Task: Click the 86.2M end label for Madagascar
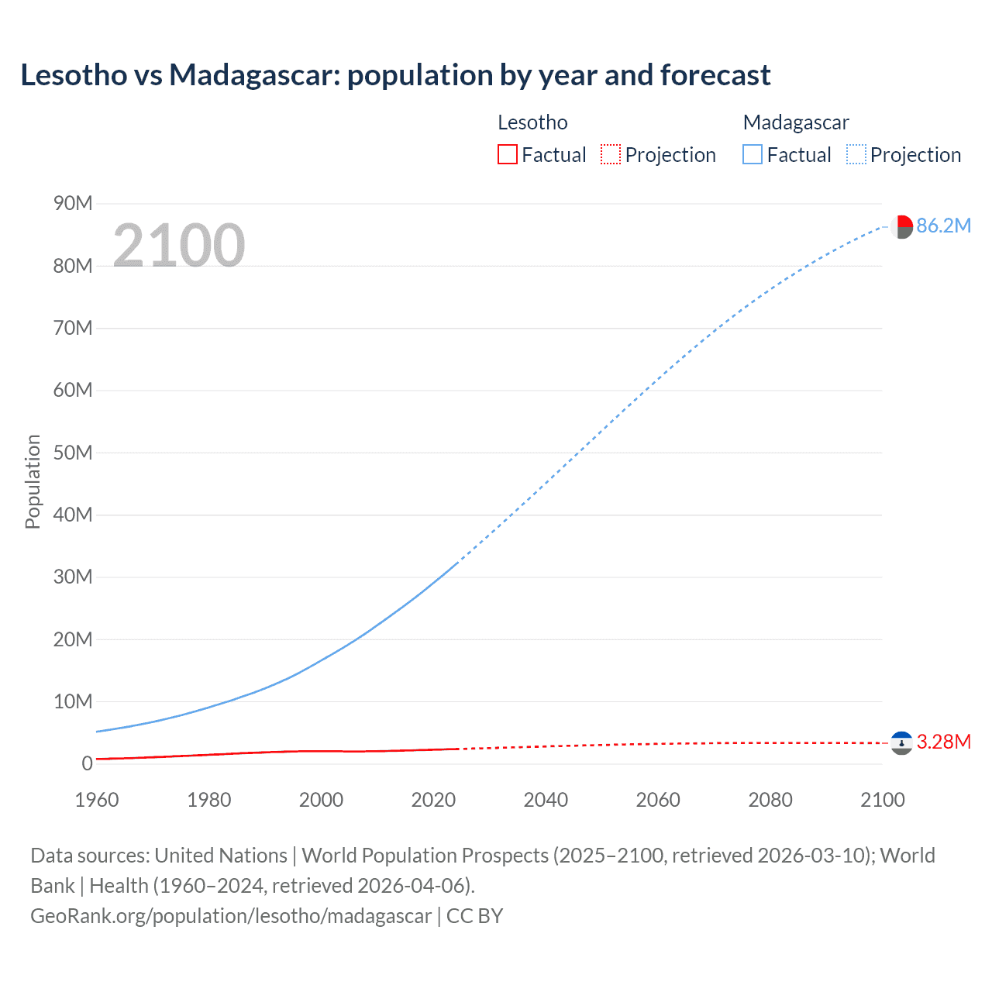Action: coord(943,226)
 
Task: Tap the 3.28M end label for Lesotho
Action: coord(943,742)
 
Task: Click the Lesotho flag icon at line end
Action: coord(901,743)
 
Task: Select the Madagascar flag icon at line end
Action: coord(901,226)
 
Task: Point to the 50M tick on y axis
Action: coord(73,453)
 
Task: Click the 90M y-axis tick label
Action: coord(73,203)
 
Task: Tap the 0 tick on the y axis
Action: coord(87,763)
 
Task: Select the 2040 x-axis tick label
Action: coord(546,800)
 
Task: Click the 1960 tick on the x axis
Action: coord(97,800)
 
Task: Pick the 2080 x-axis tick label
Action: coord(770,800)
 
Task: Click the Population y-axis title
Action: coord(33,481)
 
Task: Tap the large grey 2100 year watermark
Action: coord(179,246)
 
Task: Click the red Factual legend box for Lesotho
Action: coord(507,154)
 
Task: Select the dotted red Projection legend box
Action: coord(611,154)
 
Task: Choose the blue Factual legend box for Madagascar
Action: coord(752,154)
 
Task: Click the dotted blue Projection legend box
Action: coord(856,154)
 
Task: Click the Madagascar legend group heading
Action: coord(796,122)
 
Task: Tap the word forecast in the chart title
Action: coord(715,75)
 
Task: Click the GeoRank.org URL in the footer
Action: coord(230,915)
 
